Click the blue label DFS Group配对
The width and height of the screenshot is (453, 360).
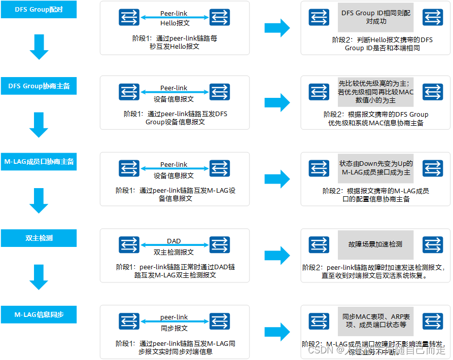39,10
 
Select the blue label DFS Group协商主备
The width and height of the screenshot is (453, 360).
39,86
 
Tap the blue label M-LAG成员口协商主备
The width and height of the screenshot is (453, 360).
39,162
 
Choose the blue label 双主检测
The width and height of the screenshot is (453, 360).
39,238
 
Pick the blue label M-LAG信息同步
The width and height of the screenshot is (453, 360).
39,314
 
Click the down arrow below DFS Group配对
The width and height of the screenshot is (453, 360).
39,47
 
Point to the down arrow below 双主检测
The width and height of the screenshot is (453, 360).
39,276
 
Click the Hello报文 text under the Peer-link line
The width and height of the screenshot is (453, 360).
174,23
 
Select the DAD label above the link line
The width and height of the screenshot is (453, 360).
174,241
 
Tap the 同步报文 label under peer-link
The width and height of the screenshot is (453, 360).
174,328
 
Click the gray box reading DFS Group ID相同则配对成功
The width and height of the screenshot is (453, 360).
376,17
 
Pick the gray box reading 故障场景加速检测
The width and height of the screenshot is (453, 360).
376,244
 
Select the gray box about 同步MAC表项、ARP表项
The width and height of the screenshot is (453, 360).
376,320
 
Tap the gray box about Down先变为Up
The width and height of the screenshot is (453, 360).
376,168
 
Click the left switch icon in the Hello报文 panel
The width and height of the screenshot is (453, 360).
129,17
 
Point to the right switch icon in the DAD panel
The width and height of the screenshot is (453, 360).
219,245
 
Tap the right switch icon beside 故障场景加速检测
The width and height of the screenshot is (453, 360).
433,245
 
